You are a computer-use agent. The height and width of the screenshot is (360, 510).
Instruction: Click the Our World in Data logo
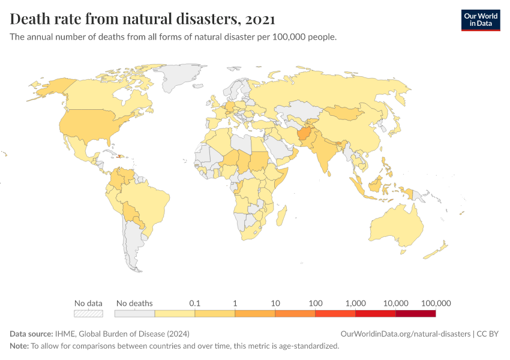480,20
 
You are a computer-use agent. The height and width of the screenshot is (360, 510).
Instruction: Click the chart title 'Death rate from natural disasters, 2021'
143,19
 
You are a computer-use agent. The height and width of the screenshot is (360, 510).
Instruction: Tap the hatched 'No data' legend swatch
88,313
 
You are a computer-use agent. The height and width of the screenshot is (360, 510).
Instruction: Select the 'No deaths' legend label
134,303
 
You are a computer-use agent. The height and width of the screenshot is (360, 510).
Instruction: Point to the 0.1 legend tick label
194,303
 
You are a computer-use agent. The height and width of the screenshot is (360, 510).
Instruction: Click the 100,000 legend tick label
436,303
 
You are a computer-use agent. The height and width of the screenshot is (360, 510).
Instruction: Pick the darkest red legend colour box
415,313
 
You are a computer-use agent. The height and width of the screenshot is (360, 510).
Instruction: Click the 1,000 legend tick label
355,303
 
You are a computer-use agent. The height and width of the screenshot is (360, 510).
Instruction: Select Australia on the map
396,225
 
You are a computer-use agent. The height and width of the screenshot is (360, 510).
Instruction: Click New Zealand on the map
440,249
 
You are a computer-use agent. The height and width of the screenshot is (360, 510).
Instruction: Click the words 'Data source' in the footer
31,334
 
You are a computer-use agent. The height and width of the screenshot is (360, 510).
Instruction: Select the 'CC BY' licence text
488,334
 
